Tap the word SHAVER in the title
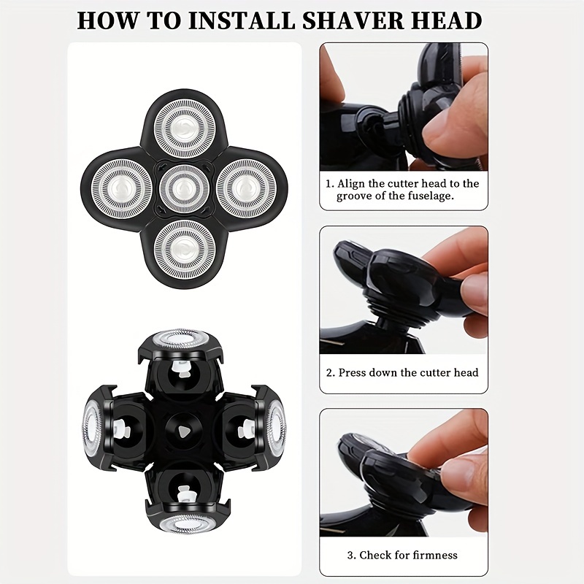point(353,19)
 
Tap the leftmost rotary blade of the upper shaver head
point(122,187)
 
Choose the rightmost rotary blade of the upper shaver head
point(246,187)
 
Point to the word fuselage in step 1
point(428,196)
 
